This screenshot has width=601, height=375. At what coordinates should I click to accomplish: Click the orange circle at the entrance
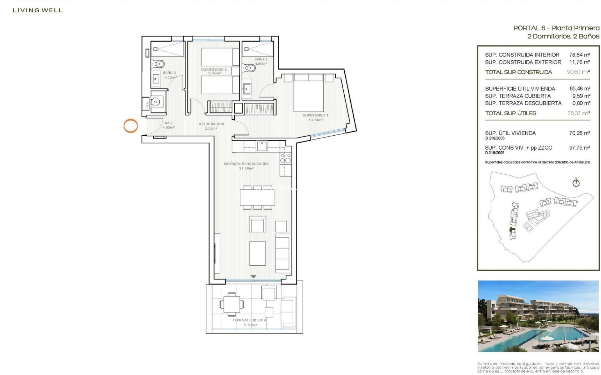[x=131, y=126]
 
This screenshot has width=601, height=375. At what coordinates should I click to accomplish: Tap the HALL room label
[x=169, y=123]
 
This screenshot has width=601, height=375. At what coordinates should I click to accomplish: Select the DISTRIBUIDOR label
[x=211, y=124]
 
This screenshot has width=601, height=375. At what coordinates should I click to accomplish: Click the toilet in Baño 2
[x=158, y=64]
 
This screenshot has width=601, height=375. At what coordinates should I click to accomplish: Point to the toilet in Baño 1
[x=249, y=67]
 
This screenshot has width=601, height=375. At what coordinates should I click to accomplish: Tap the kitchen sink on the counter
[x=261, y=146]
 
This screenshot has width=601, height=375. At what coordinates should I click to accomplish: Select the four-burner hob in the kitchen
[x=285, y=158]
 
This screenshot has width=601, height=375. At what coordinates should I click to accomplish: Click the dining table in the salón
[x=257, y=197]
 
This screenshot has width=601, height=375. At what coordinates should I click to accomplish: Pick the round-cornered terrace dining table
[x=232, y=304]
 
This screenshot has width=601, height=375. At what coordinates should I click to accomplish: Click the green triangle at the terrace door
[x=254, y=277]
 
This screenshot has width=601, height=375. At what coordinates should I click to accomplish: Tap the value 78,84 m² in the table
[x=580, y=55]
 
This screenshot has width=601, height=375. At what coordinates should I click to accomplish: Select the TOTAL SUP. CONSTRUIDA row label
[x=518, y=72]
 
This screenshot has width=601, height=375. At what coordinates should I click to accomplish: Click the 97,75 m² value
[x=580, y=147]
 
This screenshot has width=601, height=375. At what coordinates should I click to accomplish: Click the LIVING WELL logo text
[x=38, y=10]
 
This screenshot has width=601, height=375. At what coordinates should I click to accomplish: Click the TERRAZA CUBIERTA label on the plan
[x=249, y=320]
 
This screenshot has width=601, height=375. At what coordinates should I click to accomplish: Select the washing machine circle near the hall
[x=156, y=101]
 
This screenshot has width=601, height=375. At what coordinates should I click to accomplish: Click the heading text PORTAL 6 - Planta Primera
[x=556, y=28]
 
